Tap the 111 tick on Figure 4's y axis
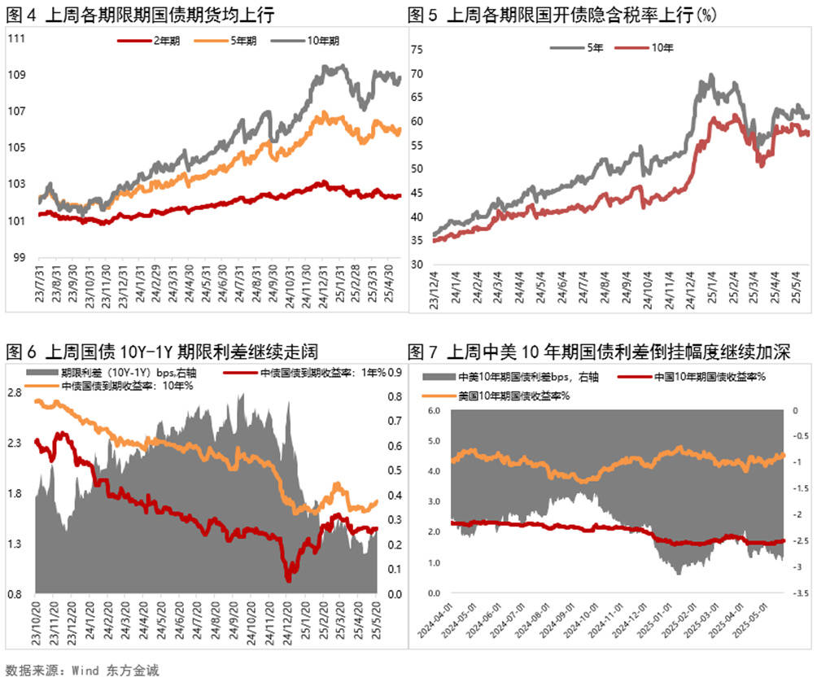coord(15,39)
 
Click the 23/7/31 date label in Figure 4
coord(42,280)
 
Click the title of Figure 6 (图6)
coord(161,352)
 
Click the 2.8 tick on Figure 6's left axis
coord(15,392)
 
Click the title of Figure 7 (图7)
coord(598,352)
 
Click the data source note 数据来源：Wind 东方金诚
coord(81,671)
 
